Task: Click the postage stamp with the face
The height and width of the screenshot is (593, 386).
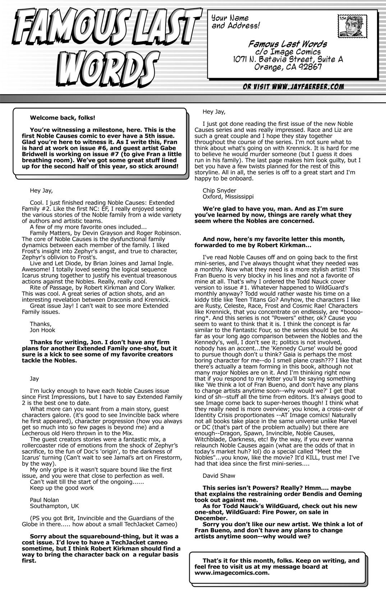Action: click(351, 26)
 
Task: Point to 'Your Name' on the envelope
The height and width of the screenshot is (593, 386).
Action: click(230, 18)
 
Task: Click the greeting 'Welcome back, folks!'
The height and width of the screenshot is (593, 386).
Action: click(63, 118)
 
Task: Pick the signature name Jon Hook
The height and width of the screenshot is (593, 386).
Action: click(42, 330)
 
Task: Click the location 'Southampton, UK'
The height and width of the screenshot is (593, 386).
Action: click(54, 506)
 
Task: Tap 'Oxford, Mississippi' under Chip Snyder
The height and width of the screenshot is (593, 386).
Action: click(228, 197)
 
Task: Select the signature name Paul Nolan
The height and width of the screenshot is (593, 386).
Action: click(44, 500)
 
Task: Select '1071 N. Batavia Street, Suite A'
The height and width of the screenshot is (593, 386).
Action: click(288, 59)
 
